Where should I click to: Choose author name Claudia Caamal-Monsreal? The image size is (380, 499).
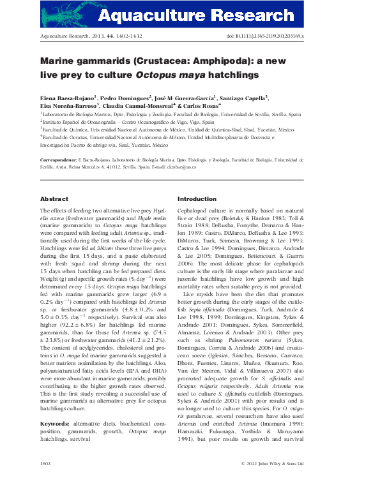click(x=137, y=105)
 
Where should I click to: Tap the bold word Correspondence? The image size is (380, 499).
click(x=61, y=160)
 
